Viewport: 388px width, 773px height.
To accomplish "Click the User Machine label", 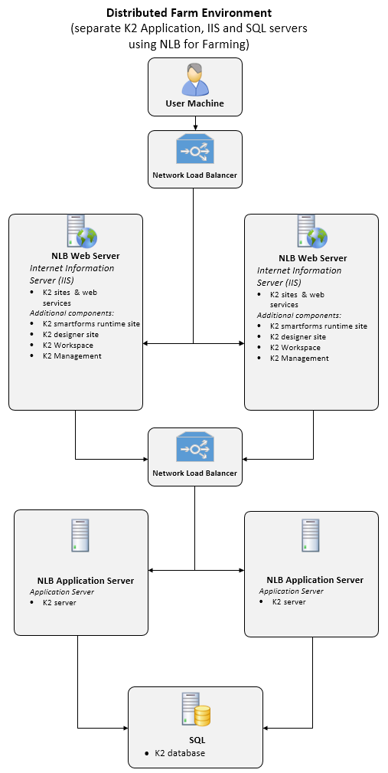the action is pos(195,103).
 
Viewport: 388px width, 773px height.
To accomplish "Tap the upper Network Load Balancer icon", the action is pos(195,149).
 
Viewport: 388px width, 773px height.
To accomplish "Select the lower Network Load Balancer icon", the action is pos(195,447).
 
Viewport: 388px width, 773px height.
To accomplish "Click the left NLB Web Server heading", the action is pos(86,256).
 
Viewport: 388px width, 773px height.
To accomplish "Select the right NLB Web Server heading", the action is pos(313,258).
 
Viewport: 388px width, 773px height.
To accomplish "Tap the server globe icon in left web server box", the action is pos(82,231).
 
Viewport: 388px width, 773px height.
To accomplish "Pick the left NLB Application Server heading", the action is pos(86,580).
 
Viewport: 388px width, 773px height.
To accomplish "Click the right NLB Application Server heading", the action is pos(315,580).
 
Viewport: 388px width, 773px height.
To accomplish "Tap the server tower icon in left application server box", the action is pos(80,535).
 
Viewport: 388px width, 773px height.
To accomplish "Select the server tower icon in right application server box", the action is pos(310,535).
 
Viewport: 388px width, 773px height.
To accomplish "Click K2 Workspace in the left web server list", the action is pos(68,345).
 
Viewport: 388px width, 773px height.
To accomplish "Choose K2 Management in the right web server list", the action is pos(299,359).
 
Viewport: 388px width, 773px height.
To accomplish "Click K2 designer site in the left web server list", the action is pos(71,335).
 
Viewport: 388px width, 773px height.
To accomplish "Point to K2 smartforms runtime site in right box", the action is pos(318,326).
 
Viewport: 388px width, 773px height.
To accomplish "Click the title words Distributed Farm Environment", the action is pos(189,12).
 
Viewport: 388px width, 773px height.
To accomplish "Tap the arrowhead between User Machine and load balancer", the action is pos(195,128).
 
